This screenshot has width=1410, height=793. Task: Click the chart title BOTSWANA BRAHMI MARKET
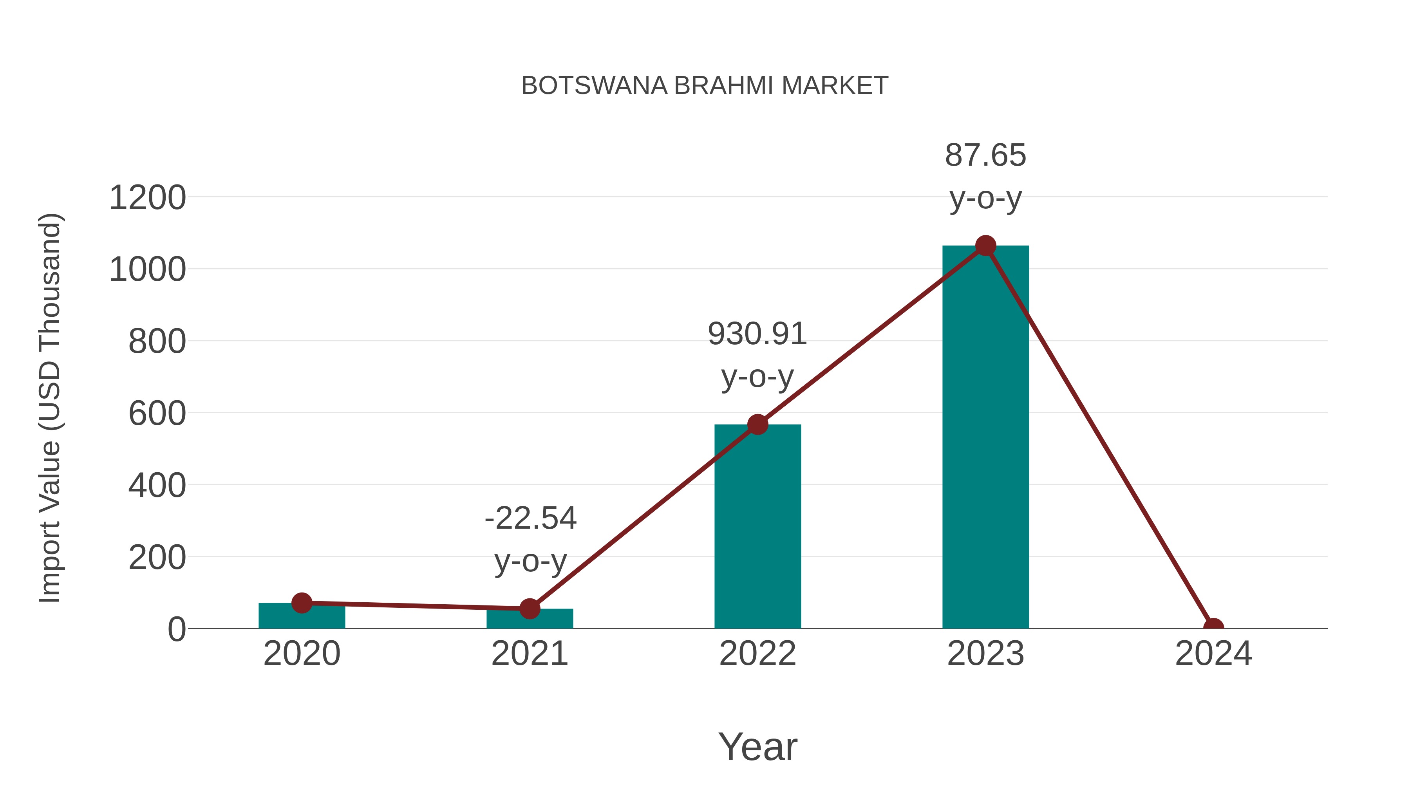(x=705, y=86)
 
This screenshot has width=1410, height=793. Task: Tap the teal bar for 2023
(x=985, y=438)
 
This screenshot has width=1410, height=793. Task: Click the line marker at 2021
(x=529, y=608)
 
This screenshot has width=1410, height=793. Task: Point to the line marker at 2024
(x=1213, y=627)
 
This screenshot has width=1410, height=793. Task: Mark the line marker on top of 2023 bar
(x=985, y=246)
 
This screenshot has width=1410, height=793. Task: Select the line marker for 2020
(x=302, y=603)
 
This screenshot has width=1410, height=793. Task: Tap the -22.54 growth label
(x=530, y=518)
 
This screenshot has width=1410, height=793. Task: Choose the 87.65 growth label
(x=985, y=155)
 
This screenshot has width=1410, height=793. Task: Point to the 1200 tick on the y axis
(x=147, y=198)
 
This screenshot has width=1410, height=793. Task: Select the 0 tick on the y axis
(x=177, y=629)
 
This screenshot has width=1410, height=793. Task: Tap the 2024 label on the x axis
(x=1213, y=654)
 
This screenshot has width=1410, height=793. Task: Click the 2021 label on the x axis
(x=529, y=654)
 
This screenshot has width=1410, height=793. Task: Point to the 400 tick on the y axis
(x=157, y=486)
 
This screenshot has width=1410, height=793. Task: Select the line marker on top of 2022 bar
(x=757, y=424)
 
